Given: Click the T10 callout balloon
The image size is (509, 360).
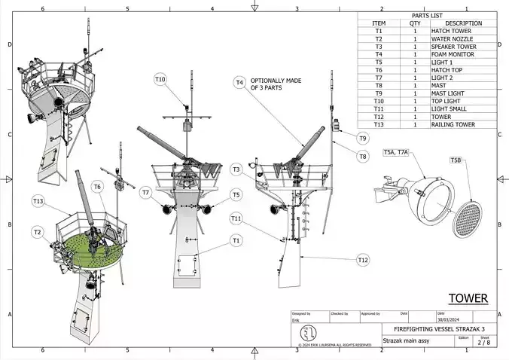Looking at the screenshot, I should (160, 79).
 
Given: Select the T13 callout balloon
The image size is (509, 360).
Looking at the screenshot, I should (38, 201).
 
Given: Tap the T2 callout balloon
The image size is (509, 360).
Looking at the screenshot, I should (37, 233).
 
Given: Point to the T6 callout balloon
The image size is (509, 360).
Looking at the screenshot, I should (97, 187).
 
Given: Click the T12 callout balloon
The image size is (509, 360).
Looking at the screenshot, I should (363, 260).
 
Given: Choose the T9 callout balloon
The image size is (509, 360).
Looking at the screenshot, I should (363, 139).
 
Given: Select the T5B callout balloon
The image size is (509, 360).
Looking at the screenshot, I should (456, 160).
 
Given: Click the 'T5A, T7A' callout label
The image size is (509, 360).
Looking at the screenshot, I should (395, 152).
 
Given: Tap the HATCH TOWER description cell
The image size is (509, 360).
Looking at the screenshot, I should (452, 31).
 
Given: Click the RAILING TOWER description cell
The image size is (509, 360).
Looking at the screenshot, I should (453, 125).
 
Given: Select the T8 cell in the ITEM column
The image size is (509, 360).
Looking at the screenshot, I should (379, 86).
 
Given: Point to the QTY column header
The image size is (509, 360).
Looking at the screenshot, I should (415, 23).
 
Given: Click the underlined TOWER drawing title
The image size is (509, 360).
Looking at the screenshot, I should (468, 298).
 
